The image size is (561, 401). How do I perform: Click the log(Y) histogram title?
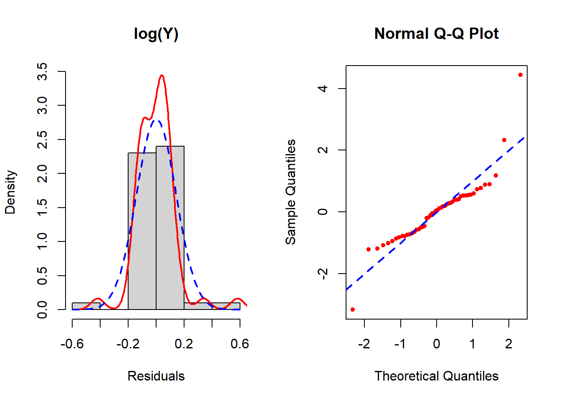[156, 34]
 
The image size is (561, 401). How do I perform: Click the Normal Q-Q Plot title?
[436, 34]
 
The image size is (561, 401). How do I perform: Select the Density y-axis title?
[10, 192]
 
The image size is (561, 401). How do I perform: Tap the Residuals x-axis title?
[156, 376]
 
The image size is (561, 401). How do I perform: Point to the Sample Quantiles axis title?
[291, 192]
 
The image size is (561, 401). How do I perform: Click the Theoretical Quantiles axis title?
[436, 376]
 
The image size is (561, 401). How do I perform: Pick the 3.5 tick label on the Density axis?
[42, 72]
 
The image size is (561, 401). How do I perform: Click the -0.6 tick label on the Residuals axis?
[72, 344]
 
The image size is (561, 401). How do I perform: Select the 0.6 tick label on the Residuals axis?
[240, 344]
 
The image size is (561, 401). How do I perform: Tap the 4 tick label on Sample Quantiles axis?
[323, 89]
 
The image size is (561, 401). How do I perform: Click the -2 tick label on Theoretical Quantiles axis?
[364, 344]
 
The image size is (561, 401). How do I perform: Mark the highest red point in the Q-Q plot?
[521, 75]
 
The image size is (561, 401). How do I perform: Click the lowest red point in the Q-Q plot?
[353, 310]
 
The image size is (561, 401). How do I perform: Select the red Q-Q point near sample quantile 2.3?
[504, 140]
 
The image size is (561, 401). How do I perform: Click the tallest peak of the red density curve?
[162, 76]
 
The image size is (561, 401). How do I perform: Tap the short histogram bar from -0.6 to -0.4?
[86, 306]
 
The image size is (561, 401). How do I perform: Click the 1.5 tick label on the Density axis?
[42, 208]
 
